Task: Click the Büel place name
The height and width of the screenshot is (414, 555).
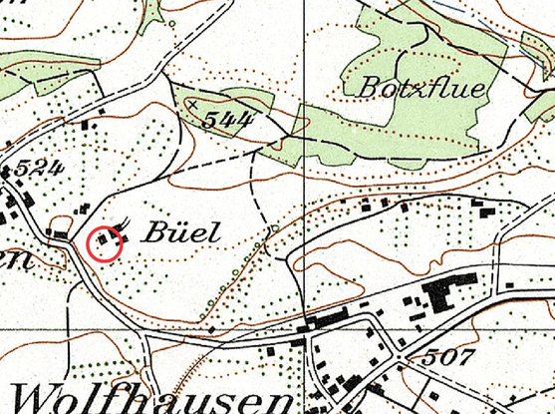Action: point(179,232)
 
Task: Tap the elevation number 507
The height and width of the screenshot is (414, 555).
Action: point(448,356)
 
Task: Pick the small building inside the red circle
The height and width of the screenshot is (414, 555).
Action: point(105,241)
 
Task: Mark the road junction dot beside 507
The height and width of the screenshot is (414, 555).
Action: point(400,357)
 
